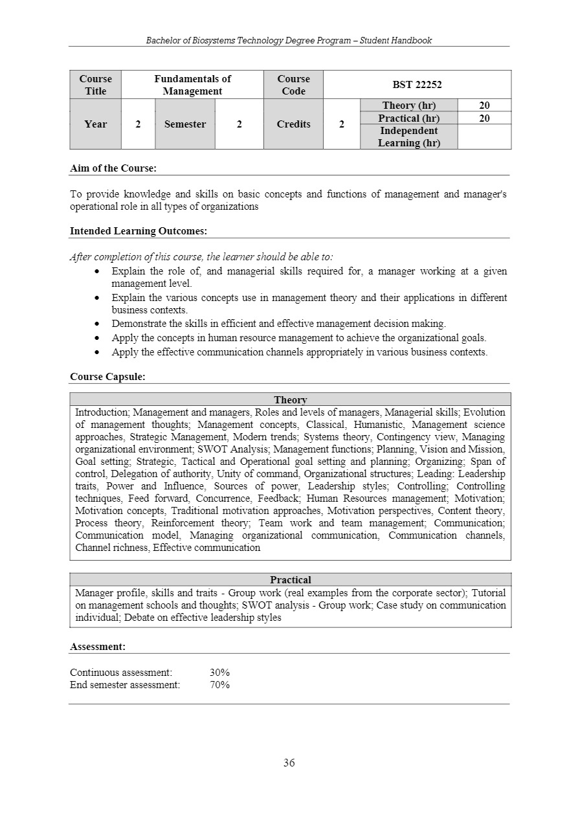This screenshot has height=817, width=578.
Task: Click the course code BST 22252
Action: tap(417, 85)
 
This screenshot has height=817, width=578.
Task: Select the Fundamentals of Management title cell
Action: tap(192, 85)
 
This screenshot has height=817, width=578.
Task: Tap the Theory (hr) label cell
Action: tap(408, 106)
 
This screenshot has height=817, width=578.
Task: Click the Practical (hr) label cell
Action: tap(408, 118)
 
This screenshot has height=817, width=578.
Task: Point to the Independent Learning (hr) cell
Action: tap(408, 137)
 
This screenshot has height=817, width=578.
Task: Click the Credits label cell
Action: tap(293, 124)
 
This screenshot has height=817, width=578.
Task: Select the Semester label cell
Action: tap(185, 124)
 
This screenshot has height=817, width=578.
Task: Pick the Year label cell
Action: tap(95, 124)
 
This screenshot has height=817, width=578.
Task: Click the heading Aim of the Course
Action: tap(113, 168)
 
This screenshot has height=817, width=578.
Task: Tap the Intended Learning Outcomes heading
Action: tap(138, 231)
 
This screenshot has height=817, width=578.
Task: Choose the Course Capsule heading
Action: tap(107, 377)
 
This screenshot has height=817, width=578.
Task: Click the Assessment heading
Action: tap(97, 647)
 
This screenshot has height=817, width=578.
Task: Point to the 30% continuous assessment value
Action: tap(219, 673)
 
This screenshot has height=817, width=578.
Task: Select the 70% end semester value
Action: tap(219, 685)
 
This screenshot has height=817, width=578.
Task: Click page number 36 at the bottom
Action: tap(289, 763)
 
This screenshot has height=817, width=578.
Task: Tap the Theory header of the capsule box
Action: tap(290, 400)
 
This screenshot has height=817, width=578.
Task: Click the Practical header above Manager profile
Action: tap(290, 580)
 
